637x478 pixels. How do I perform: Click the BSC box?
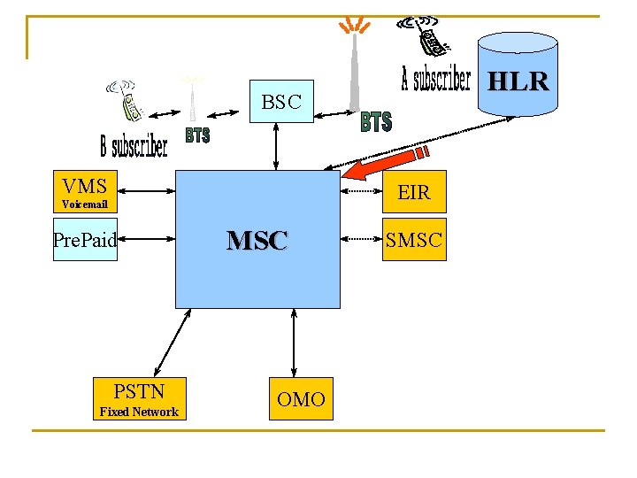pos(281,102)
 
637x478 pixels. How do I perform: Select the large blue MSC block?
pos(257,239)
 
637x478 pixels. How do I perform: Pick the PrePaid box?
pos(85,239)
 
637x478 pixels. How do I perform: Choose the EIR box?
pos(413,191)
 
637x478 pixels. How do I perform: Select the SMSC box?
pos(413,239)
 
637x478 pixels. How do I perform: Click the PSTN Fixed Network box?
pos(139,397)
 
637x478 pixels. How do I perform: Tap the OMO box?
pos(301,399)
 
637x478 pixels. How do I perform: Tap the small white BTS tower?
pos(191,97)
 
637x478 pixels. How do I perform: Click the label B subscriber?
pos(134,146)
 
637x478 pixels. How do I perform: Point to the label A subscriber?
pos(435,80)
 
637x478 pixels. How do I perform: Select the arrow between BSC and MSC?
pos(277,146)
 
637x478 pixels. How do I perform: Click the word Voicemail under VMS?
pos(85,204)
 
